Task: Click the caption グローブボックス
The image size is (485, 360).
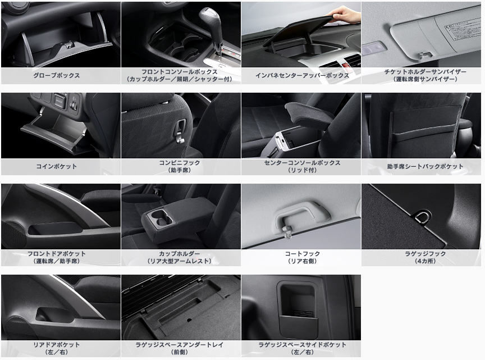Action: point(57,75)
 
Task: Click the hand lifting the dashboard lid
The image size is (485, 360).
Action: point(344,14)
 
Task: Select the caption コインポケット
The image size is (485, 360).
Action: point(57,166)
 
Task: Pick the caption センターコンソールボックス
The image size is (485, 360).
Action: point(302,162)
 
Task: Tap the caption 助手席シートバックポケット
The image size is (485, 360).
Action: point(425,166)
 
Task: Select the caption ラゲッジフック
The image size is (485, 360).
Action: point(425,253)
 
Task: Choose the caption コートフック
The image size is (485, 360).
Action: point(302,253)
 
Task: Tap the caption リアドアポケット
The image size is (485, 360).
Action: point(57,344)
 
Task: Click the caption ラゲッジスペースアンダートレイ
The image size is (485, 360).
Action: point(180,344)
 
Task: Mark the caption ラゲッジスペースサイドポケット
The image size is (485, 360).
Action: point(302,344)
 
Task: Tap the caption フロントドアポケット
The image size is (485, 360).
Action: point(57,253)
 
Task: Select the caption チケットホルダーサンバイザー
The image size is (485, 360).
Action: point(425,71)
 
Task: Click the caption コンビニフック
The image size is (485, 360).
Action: point(180,162)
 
